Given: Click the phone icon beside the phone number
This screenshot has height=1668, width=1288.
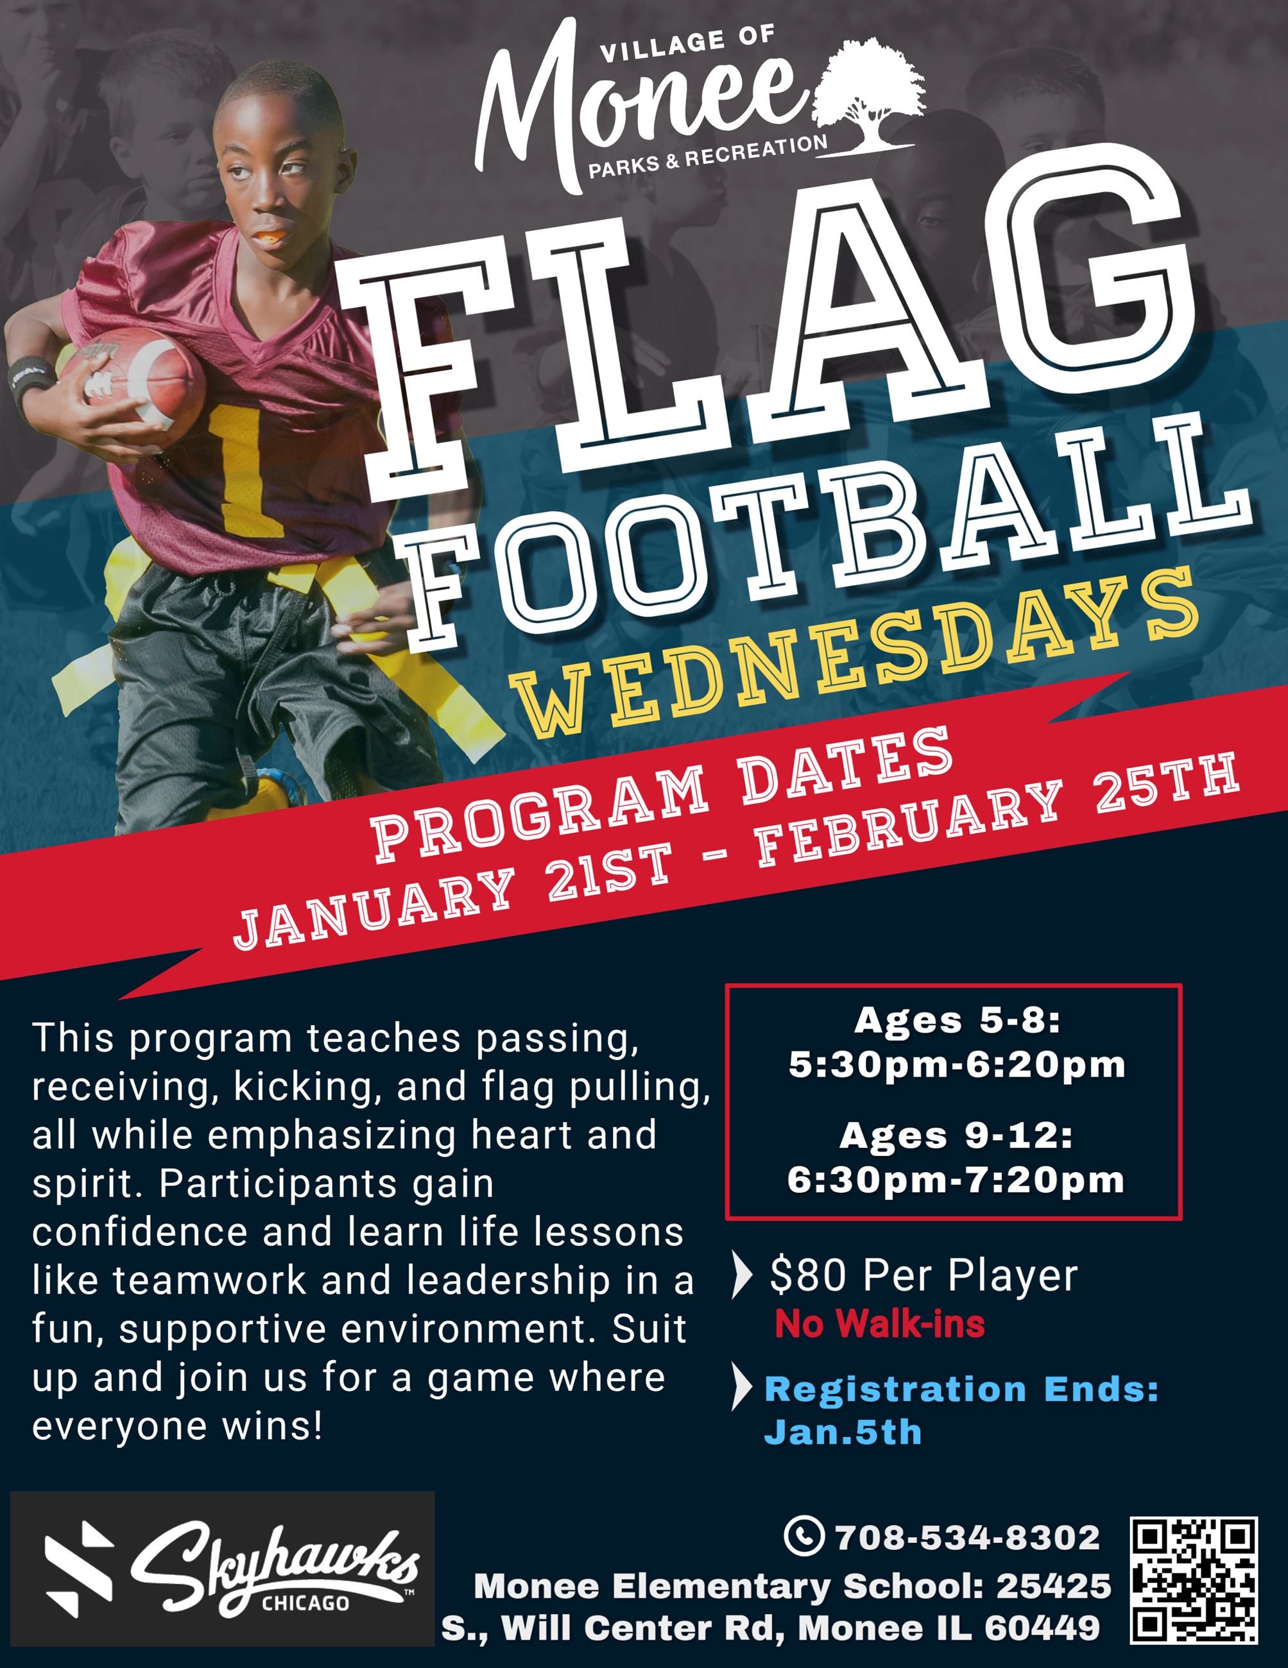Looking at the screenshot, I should pyautogui.click(x=803, y=1536).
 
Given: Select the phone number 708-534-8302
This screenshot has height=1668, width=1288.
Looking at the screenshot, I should pyautogui.click(x=967, y=1537).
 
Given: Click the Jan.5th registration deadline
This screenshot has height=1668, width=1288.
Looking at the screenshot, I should pyautogui.click(x=843, y=1432).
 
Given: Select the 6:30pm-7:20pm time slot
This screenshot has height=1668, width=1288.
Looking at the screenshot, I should pyautogui.click(x=956, y=1180).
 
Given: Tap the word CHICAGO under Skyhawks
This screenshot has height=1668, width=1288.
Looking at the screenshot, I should pyautogui.click(x=305, y=1604).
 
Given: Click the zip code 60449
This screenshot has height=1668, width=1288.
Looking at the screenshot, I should pyautogui.click(x=1042, y=1628).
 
